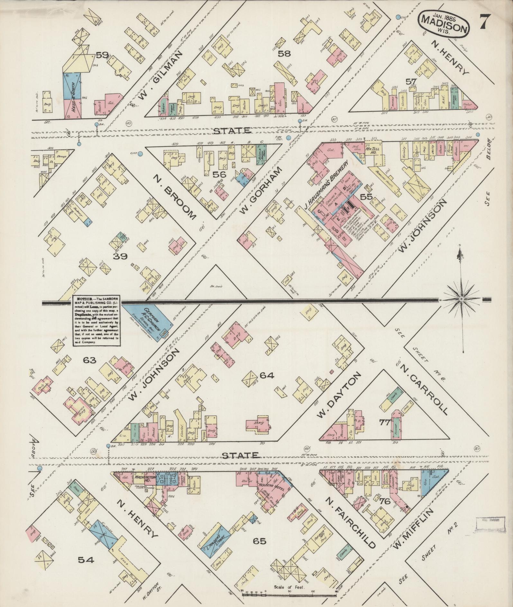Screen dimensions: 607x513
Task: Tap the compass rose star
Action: [x=461, y=299]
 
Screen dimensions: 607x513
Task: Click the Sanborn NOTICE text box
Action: [x=97, y=320]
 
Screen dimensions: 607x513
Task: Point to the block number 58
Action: [x=284, y=54]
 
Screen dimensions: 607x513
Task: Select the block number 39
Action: [x=120, y=256]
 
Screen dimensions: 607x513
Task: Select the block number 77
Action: [x=384, y=422]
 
